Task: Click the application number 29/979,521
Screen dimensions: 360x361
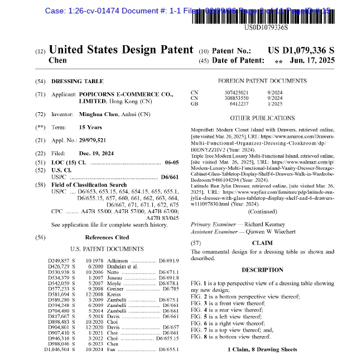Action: (93, 140)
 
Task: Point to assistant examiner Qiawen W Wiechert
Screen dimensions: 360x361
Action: (265, 231)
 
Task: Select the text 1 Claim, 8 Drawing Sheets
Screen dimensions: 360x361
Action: (262, 349)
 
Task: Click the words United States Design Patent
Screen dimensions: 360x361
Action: (121, 50)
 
